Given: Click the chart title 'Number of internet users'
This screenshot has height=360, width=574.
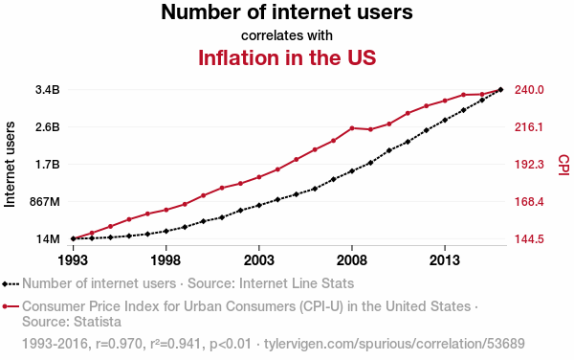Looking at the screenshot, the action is pos(287,11).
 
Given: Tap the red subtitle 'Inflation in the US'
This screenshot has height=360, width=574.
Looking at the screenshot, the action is pos(287,57).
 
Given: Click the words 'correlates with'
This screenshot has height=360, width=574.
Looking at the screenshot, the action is pos(287,35).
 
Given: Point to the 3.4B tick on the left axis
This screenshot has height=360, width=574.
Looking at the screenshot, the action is pos(48,90).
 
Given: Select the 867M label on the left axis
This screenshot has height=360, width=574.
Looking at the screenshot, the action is pos(45,202).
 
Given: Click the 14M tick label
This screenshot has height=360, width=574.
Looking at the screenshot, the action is pos(48,239).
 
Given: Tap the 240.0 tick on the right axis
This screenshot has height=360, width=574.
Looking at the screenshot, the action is pos(529,90).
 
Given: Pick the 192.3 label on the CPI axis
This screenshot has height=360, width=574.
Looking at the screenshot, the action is pos(529,165).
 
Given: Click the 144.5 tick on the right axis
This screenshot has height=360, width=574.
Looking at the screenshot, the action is pos(529,239).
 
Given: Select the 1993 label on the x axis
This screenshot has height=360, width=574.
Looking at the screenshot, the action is pos(74,260).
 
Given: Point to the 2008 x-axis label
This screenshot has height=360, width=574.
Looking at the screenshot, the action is pos(352,260).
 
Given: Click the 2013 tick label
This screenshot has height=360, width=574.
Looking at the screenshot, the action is pos(445,260).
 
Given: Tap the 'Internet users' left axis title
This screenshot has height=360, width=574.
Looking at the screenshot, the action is pos(10,165).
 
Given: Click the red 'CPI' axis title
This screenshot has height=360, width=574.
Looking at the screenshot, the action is pos(563,165).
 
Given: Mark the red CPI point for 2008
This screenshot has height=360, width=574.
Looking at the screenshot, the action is pos(352,127).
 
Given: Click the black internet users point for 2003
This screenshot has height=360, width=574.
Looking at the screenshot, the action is pos(259,205).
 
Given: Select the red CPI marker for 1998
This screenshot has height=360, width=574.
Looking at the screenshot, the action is pos(166,210).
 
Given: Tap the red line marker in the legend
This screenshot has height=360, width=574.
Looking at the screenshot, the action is pos(11,306).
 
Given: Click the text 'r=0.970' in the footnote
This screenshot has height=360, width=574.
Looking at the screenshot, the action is pos(119,344).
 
